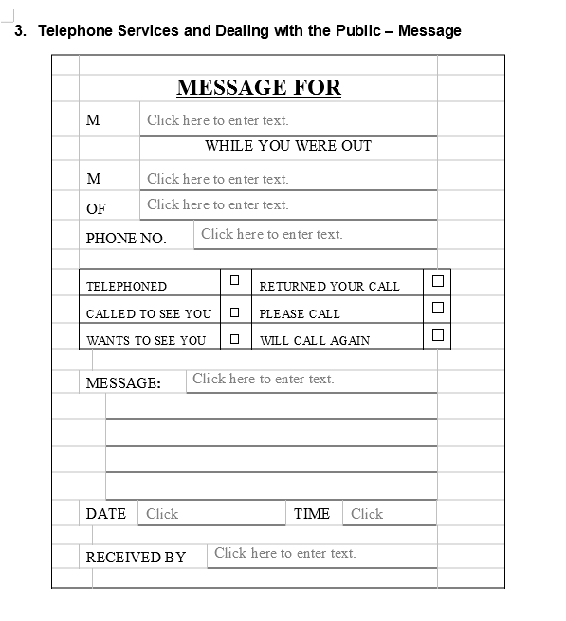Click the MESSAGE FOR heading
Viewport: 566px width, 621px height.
click(258, 88)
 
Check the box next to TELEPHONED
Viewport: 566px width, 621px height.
click(234, 281)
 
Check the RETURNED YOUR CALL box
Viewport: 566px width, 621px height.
click(437, 281)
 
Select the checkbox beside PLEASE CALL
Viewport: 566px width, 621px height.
click(437, 308)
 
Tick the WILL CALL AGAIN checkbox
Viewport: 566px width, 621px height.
click(437, 334)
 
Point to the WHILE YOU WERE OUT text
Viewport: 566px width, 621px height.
click(288, 146)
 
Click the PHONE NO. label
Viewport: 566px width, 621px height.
click(126, 239)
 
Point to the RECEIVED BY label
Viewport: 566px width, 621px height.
click(136, 557)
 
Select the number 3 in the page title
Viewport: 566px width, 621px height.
click(19, 30)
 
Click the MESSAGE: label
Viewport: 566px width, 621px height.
click(123, 383)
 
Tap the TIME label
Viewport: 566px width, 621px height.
click(312, 514)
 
